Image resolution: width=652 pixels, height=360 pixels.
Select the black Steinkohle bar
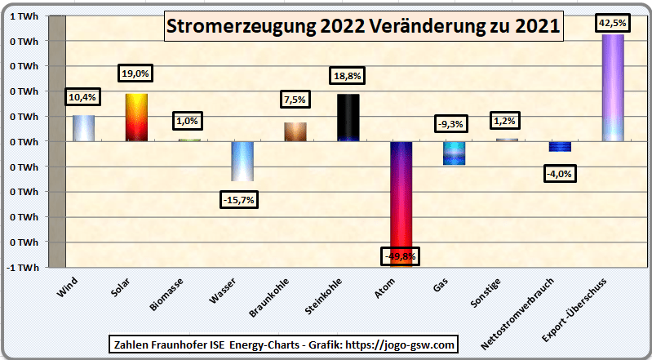(x=348, y=118)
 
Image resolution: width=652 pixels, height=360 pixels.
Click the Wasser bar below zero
(x=242, y=161)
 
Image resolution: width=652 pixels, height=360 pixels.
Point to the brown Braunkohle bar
(x=295, y=131)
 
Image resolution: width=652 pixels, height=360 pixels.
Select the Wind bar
(x=83, y=128)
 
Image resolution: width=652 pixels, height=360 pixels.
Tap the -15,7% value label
(x=239, y=199)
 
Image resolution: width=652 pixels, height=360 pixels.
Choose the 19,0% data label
(x=135, y=73)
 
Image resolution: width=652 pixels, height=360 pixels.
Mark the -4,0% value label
(x=560, y=173)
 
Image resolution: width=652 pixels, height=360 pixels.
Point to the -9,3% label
(x=451, y=124)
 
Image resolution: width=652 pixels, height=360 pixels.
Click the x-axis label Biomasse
(x=166, y=295)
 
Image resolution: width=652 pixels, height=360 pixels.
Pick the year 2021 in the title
(x=538, y=26)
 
